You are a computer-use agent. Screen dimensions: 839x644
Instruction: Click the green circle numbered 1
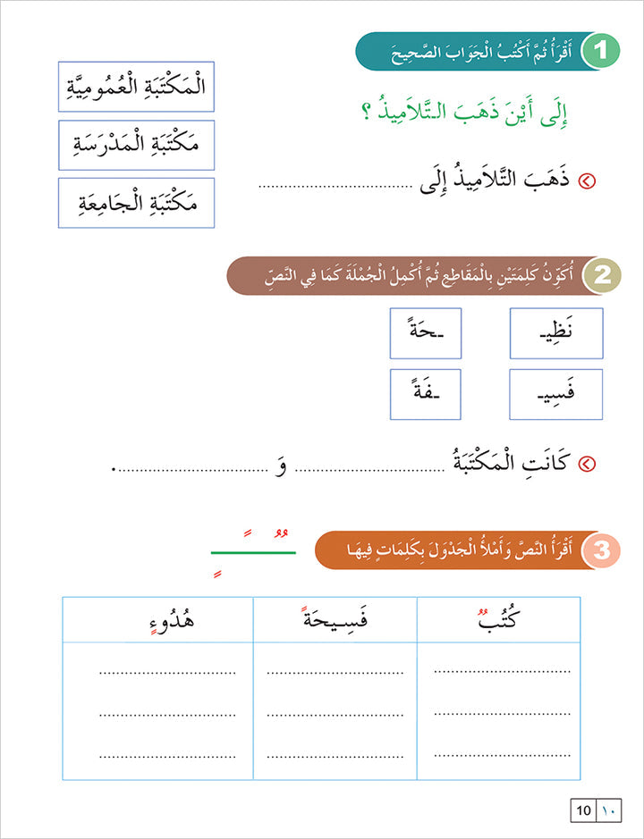point(600,52)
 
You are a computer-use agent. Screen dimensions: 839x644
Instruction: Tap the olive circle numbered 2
point(600,276)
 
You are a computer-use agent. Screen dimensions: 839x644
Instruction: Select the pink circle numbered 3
point(600,550)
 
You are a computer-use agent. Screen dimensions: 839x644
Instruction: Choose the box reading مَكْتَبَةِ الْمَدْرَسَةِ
point(136,145)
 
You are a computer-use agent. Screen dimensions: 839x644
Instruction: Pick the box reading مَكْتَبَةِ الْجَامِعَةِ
point(136,203)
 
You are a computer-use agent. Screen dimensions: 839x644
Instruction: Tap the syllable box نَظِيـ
point(556,333)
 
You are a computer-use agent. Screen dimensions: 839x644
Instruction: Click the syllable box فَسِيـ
point(556,394)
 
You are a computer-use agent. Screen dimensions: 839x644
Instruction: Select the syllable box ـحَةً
point(426,333)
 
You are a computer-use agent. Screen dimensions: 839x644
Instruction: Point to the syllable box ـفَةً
point(426,394)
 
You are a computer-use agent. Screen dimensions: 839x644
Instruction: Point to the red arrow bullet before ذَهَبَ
point(588,182)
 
